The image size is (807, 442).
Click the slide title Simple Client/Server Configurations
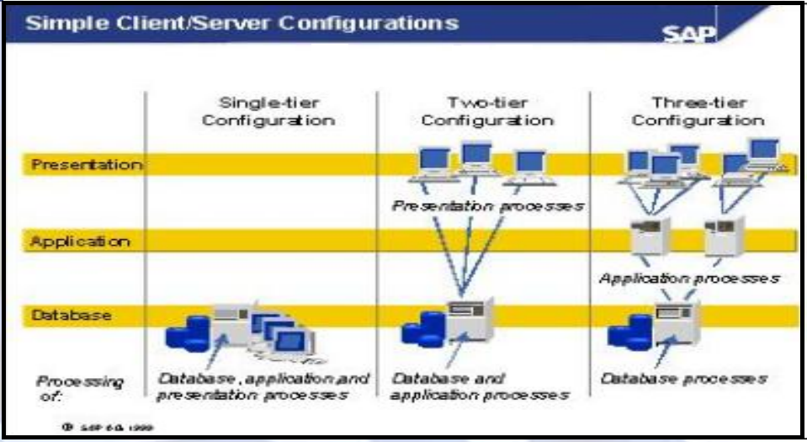point(243,23)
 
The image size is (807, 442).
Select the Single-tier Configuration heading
point(268,111)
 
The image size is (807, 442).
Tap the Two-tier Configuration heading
point(487,111)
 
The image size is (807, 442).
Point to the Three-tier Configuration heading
point(698,111)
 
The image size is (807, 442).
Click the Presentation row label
point(87,164)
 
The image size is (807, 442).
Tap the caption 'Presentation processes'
point(487,205)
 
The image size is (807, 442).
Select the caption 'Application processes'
point(689,278)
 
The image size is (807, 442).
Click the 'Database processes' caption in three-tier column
point(683,378)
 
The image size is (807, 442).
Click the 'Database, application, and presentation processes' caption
point(263,386)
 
